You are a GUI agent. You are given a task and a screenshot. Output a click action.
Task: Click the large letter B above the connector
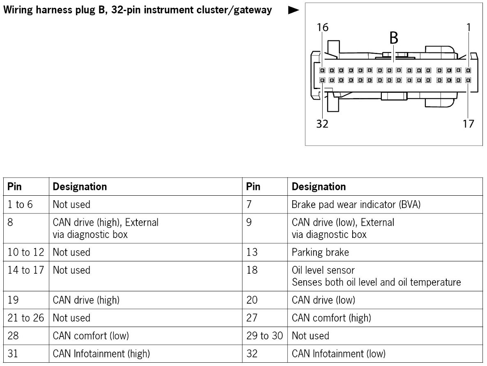pyautogui.click(x=394, y=38)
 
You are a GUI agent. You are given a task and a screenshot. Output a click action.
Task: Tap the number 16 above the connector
pyautogui.click(x=323, y=28)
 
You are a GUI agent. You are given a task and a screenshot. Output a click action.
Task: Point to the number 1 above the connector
pyautogui.click(x=469, y=28)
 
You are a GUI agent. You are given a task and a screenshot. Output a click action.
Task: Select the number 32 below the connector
pyautogui.click(x=323, y=124)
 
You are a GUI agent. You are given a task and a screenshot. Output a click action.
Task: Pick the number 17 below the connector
pyautogui.click(x=468, y=124)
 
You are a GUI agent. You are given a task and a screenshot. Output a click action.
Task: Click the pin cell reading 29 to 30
pyautogui.click(x=265, y=336)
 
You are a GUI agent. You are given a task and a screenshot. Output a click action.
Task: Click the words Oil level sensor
pyautogui.click(x=323, y=270)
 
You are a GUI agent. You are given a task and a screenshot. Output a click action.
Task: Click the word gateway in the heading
pyautogui.click(x=252, y=10)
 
